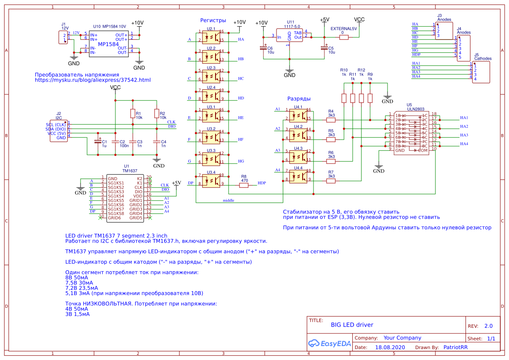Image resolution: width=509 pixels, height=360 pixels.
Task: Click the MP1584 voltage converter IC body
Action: [108, 44]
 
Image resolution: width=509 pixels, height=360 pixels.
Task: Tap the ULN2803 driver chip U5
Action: [411, 133]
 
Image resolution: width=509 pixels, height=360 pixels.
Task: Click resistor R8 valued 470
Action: [244, 185]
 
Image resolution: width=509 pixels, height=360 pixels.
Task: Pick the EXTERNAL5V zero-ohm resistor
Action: [344, 37]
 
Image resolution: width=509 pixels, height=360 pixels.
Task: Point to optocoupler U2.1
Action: [211, 36]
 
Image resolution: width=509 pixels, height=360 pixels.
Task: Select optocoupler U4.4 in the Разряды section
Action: [298, 176]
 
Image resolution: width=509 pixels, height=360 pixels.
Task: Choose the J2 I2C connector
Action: [59, 131]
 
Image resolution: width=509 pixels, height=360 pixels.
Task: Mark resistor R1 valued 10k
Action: [133, 114]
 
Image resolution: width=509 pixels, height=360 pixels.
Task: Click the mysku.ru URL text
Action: [92, 80]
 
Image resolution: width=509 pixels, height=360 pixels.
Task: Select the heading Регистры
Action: [213, 20]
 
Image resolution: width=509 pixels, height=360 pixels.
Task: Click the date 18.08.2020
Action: [390, 347]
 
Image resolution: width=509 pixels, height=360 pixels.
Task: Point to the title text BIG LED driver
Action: [352, 325]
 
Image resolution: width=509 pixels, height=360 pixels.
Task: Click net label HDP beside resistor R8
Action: [262, 183]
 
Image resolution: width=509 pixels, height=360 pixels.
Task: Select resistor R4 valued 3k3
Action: [331, 119]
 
